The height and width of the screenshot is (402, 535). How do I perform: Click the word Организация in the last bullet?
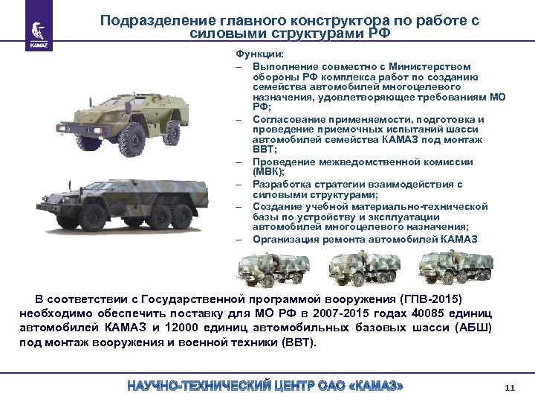[x=282, y=239]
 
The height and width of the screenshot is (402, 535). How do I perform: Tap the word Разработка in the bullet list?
[x=279, y=184]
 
